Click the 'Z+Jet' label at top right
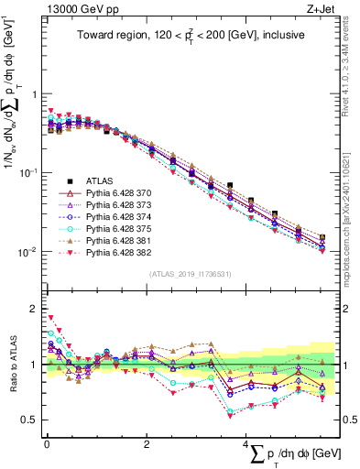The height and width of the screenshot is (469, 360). (321, 10)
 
